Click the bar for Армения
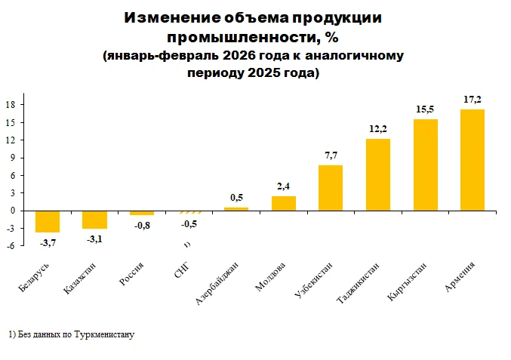pos(473,160)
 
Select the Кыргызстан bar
pos(425,165)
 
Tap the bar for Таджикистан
pos(378,174)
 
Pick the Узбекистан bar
pos(331,188)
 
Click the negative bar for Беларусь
pos(48,222)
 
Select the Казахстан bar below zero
pos(94,220)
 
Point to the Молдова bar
pos(284,203)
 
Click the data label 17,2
pos(473,100)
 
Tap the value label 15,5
pos(425,109)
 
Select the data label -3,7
pos(48,243)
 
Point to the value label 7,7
pos(331,155)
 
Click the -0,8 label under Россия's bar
pos(142,226)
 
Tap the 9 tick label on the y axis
pos(13,158)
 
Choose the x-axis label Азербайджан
pos(217,283)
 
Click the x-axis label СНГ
pos(182,270)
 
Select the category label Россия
pos(131,274)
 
